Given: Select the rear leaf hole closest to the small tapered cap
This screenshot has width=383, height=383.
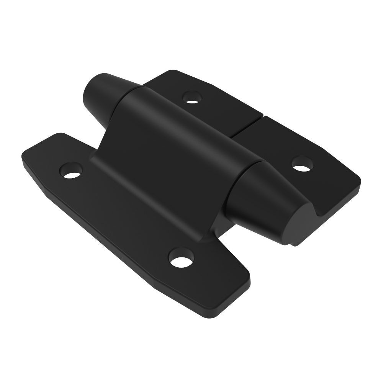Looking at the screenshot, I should coord(192,97).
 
